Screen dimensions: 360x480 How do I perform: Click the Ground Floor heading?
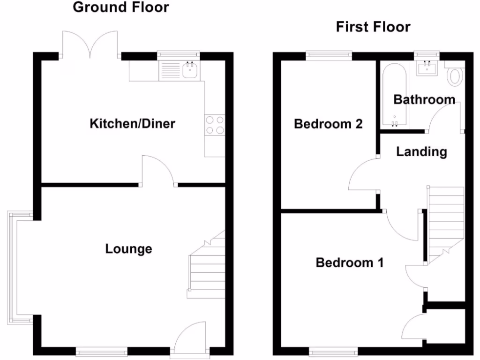tap(121, 7)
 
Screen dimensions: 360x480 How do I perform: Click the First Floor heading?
tap(373, 27)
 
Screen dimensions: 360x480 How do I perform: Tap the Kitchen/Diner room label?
tap(132, 124)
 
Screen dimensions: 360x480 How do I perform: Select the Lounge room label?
tap(128, 248)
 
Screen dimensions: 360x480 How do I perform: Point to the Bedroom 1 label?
tap(349, 262)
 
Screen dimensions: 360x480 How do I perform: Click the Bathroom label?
tap(424, 99)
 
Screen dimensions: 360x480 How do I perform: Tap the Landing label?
tap(421, 152)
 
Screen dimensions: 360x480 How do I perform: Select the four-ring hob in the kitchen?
tap(214, 125)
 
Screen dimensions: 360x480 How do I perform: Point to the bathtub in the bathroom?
tap(394, 96)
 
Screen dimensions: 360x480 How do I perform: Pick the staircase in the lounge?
tap(206, 267)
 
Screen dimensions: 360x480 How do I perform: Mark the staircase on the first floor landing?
tap(445, 223)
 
